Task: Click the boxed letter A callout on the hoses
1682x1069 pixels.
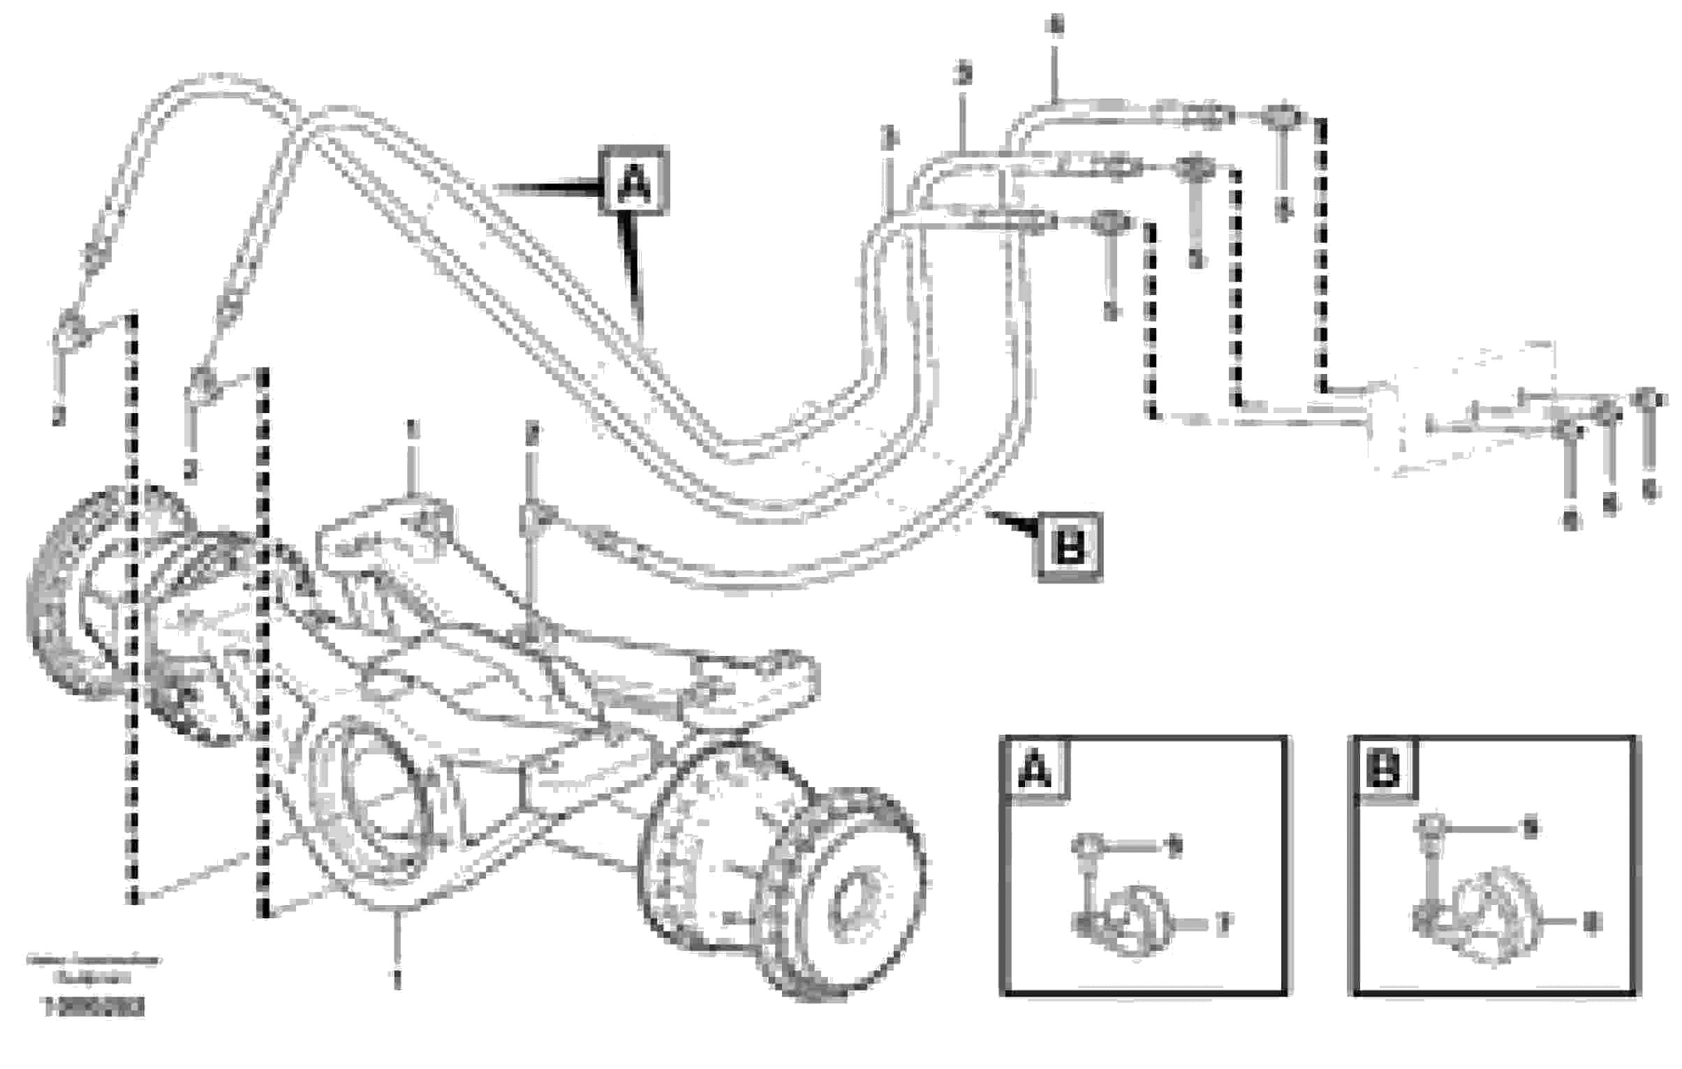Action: coord(633,180)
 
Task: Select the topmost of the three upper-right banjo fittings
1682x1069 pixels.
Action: coord(1282,118)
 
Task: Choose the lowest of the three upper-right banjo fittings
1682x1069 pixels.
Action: coord(1110,223)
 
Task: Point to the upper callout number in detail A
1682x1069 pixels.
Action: coord(1175,846)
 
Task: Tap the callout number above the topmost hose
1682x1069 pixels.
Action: coord(1056,28)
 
